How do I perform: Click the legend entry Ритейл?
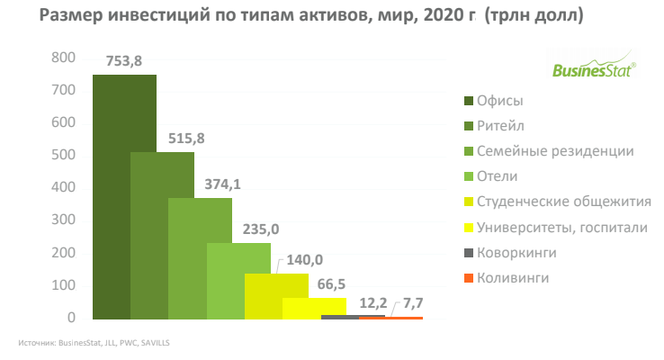[x=500, y=126]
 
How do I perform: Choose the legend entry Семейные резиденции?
[x=556, y=151]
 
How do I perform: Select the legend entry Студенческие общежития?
[x=564, y=202]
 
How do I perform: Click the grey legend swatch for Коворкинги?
[x=468, y=253]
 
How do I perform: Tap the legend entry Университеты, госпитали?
[x=562, y=228]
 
